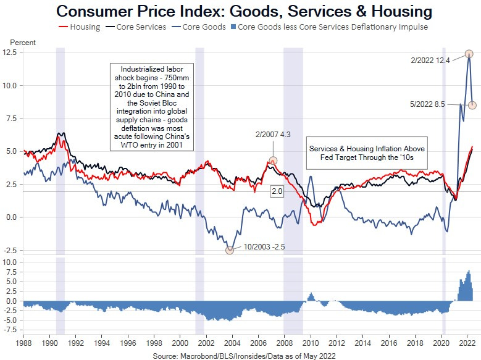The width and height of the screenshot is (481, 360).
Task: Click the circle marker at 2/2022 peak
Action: point(469,54)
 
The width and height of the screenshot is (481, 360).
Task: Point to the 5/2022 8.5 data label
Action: point(431,104)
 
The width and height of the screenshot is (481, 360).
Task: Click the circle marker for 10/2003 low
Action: point(230,249)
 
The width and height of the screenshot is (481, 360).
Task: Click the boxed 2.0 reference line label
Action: point(277,192)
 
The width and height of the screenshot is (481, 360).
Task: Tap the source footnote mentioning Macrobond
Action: point(245,356)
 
